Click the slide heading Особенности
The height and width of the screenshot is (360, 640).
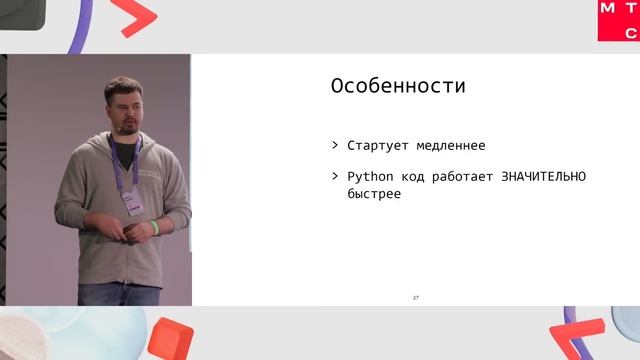(398, 87)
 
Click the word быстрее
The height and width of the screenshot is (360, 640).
(367, 194)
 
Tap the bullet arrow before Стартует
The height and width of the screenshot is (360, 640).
(335, 146)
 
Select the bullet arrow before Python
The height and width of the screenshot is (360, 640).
(335, 177)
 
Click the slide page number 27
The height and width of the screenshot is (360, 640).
(416, 298)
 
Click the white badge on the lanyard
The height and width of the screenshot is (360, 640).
(130, 200)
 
